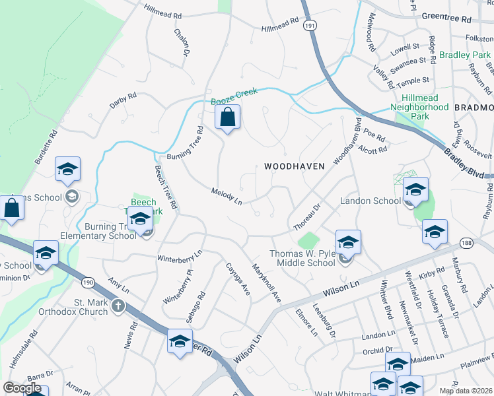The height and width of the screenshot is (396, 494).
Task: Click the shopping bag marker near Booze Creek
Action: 227,118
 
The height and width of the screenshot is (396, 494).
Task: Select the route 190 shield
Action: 88,282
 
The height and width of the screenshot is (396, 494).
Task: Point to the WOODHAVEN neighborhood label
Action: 295,167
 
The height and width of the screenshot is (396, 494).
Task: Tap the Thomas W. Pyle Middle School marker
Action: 347,243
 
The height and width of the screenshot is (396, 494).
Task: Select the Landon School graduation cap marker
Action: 415,190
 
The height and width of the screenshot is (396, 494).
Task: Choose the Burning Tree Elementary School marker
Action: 140,220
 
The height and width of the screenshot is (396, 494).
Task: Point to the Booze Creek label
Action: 234,97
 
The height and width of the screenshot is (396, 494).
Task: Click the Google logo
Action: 22,388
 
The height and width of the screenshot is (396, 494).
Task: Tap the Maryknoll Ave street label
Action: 267,284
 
